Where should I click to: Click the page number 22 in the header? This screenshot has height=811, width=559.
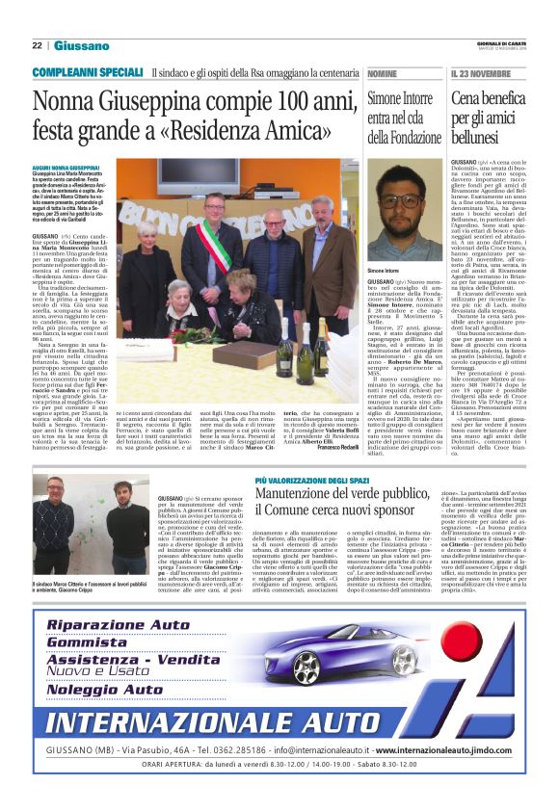[37, 45]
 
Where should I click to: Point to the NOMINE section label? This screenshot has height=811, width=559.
[382, 73]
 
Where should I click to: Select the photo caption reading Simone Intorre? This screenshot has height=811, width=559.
[383, 273]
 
